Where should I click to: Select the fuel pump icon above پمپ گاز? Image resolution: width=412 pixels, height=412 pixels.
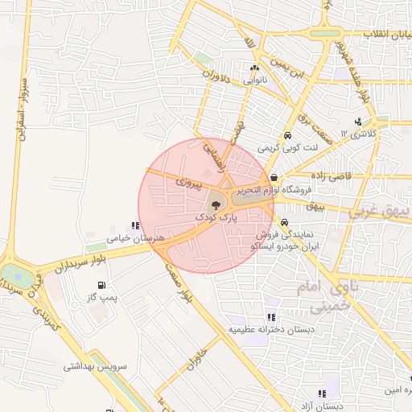click(x=101, y=286)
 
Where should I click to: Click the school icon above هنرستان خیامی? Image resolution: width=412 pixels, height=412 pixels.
click(x=134, y=226)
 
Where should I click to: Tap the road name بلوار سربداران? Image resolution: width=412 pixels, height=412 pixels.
click(x=80, y=259)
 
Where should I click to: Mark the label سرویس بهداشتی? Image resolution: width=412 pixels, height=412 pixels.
click(x=97, y=365)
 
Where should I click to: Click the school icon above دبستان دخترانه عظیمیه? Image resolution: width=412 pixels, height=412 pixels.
click(x=271, y=317)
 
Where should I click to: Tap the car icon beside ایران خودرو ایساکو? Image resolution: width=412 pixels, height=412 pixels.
click(x=284, y=223)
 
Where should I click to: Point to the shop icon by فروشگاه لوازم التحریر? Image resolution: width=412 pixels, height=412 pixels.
click(x=274, y=178)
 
